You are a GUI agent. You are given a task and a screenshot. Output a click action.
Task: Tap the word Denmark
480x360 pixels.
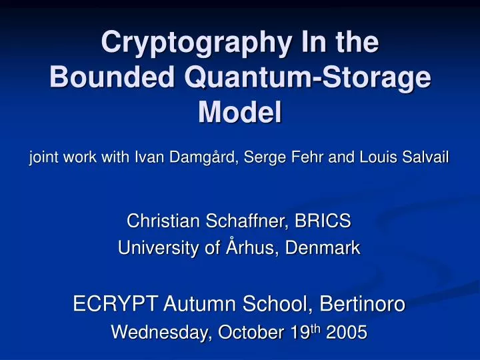pos(323,249)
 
